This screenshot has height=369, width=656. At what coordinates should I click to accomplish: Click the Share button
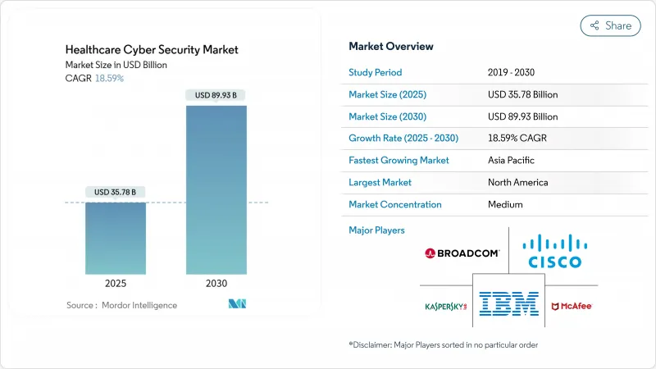point(610,25)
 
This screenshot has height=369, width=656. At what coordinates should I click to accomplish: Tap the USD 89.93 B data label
point(216,95)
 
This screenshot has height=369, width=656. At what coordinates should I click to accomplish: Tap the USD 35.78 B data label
point(116,192)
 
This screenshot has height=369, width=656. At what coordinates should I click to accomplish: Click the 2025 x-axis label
point(116,283)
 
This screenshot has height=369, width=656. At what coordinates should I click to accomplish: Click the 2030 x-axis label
point(216,283)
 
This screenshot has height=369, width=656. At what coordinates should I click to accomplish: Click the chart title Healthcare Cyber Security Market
point(152,49)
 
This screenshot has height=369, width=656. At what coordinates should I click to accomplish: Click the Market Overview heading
point(391,46)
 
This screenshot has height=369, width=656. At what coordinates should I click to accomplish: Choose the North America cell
point(517,182)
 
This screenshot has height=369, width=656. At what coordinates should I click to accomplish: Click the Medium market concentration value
point(506,204)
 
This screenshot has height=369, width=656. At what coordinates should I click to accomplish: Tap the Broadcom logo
point(462,253)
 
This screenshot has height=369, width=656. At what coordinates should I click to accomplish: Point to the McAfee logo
point(571,306)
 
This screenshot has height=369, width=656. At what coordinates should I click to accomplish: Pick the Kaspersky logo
point(445,307)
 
